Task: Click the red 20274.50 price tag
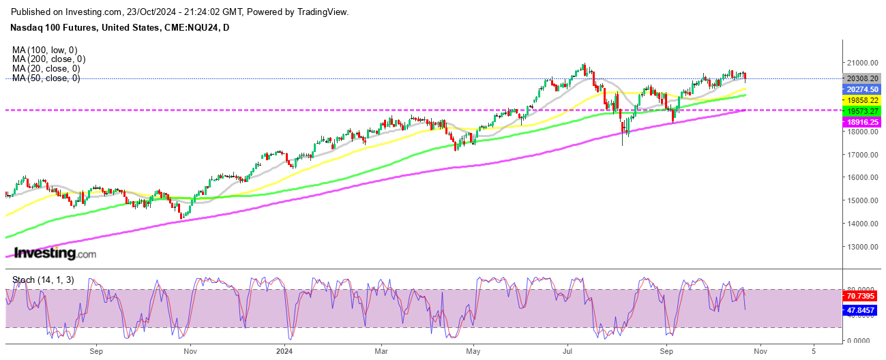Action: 863,89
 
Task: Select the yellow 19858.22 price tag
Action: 863,100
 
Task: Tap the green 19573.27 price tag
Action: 863,110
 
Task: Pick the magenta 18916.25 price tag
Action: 863,121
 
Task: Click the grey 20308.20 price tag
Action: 863,78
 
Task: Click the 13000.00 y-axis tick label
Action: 862,247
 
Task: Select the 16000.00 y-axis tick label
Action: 862,177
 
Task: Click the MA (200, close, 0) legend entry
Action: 48,59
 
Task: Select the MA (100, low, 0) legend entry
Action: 45,50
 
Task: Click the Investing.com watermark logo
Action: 55,254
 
